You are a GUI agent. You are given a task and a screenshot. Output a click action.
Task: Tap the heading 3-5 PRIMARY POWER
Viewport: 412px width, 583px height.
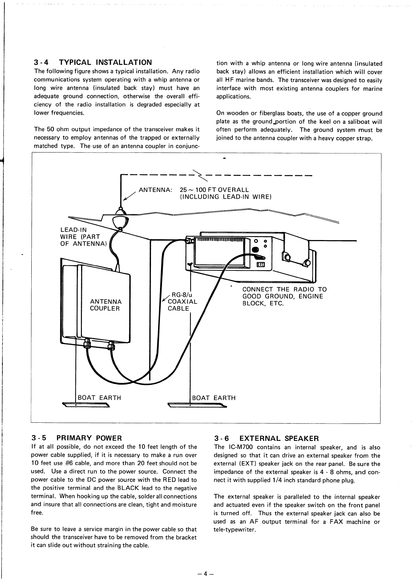[77, 437]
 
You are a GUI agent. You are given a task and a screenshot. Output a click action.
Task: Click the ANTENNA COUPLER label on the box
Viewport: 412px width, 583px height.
[105, 305]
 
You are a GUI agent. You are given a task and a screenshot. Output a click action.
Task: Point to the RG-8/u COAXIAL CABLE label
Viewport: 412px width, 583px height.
[182, 302]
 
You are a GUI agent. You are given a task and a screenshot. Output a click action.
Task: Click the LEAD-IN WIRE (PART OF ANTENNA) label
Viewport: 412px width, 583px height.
[83, 237]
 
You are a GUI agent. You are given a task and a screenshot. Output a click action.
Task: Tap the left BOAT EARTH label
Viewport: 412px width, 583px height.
[99, 398]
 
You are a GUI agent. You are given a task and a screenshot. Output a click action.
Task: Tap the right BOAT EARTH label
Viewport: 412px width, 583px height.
[214, 398]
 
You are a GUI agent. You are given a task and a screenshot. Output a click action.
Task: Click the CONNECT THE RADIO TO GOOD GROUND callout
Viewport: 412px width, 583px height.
[284, 296]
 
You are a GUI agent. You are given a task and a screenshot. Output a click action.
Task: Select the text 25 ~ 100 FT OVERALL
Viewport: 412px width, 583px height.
[214, 190]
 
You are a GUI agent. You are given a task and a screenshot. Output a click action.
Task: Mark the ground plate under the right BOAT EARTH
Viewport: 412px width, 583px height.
[197, 405]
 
